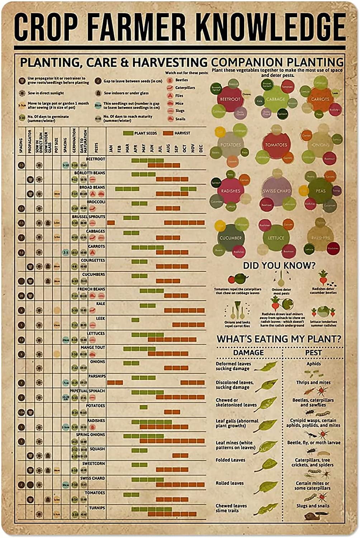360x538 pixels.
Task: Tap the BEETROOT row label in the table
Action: (x=95, y=159)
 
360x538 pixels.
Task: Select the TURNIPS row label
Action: (x=98, y=508)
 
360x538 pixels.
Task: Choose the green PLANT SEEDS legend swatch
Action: (x=128, y=133)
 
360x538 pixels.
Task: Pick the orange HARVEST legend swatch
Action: (x=169, y=133)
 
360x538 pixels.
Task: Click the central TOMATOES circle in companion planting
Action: (x=276, y=145)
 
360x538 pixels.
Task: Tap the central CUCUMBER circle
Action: (x=230, y=237)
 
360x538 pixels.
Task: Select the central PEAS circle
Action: (x=321, y=191)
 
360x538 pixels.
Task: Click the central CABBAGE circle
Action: (x=275, y=99)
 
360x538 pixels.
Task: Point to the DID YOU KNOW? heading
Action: (x=279, y=265)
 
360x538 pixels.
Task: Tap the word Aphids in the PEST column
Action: (x=313, y=364)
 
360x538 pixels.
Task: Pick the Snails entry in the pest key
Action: (x=180, y=119)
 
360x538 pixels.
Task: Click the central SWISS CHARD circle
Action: (x=276, y=191)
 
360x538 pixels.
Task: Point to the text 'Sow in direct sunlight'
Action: (x=46, y=93)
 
